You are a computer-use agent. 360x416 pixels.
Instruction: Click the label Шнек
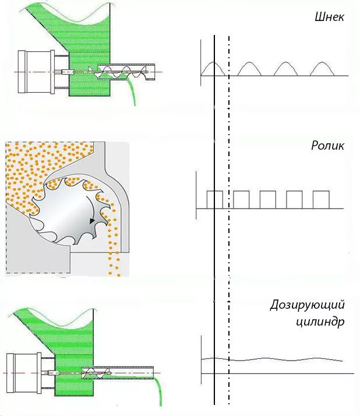tap(330, 17)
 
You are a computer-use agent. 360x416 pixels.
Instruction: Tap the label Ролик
tap(327, 146)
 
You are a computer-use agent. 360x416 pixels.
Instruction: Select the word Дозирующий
tap(307, 305)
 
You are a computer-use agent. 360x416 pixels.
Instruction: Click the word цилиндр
tap(320, 322)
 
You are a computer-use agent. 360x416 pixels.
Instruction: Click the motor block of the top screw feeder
tap(36, 72)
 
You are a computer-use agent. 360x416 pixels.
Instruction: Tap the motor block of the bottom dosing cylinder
tap(24, 373)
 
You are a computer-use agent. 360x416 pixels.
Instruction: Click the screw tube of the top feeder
tap(126, 72)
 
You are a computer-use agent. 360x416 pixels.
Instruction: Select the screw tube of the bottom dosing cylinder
tap(118, 372)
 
